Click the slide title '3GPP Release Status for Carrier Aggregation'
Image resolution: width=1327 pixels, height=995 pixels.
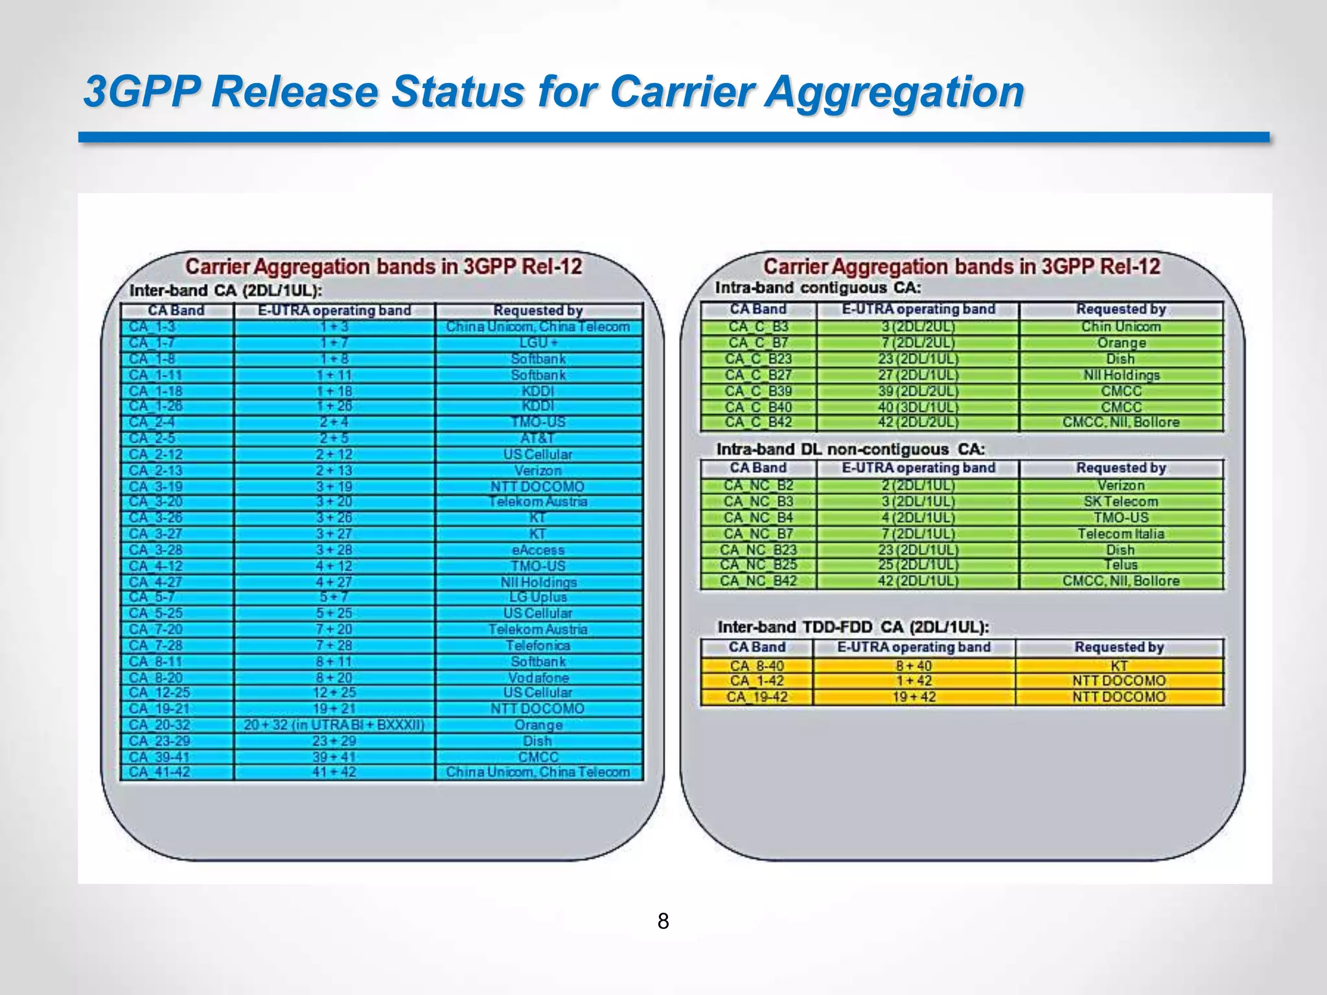click(x=554, y=91)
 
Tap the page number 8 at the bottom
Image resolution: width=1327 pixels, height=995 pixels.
click(x=663, y=921)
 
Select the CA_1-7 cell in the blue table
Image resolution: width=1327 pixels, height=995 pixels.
click(x=152, y=343)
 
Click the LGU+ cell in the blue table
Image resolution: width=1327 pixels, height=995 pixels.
click(x=538, y=343)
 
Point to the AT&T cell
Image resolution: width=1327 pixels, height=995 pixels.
click(x=538, y=438)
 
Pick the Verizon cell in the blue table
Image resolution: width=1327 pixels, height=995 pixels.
click(x=538, y=470)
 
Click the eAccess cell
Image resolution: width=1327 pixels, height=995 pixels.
click(x=538, y=550)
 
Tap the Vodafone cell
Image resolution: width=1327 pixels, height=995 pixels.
click(x=538, y=678)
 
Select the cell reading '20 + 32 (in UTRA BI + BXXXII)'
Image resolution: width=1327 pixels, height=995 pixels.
click(x=334, y=725)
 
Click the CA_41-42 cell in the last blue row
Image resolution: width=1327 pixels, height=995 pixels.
click(x=160, y=772)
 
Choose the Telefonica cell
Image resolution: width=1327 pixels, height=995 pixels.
click(x=538, y=645)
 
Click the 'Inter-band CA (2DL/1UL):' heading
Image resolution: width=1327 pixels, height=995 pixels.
click(x=225, y=290)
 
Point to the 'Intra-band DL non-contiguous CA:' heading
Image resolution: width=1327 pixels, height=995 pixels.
click(x=850, y=449)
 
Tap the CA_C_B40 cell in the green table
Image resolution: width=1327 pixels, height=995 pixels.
click(x=758, y=407)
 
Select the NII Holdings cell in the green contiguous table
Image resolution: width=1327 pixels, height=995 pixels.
click(x=1121, y=375)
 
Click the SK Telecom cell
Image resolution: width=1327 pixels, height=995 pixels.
click(x=1121, y=501)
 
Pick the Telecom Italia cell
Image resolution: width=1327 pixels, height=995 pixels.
click(x=1121, y=534)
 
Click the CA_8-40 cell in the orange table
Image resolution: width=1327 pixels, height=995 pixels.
click(x=757, y=666)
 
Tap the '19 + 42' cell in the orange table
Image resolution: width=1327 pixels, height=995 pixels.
click(x=914, y=697)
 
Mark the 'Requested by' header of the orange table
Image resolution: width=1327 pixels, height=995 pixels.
click(x=1119, y=647)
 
